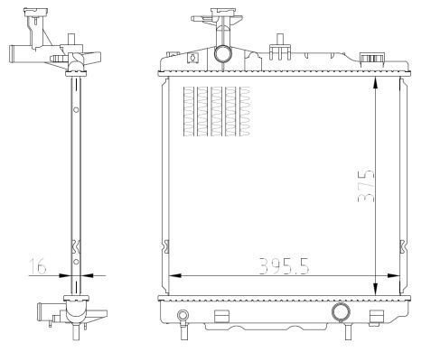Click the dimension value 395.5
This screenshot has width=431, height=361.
click(284, 265)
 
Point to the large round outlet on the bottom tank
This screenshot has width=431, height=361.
click(341, 312)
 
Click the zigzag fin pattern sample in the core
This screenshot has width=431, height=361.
click(212, 112)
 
